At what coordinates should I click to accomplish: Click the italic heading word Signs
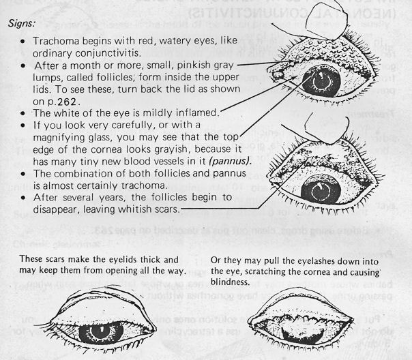click(x=21, y=23)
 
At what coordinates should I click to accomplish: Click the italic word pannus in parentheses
click(x=230, y=161)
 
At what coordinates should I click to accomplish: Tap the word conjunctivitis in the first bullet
click(x=108, y=53)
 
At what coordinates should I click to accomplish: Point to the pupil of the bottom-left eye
click(x=101, y=331)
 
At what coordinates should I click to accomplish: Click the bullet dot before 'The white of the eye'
click(x=23, y=113)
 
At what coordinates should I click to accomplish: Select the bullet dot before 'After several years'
click(x=23, y=198)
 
